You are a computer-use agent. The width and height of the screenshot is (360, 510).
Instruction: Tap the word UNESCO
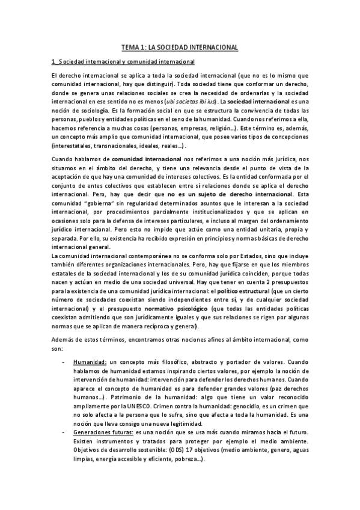pyautogui.click(x=158, y=407)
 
